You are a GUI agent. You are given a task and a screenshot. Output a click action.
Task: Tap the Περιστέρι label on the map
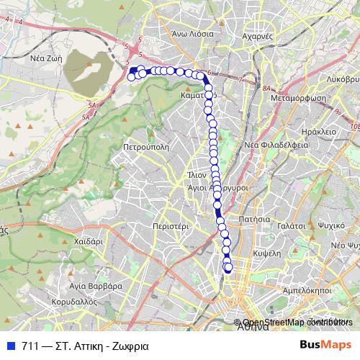pyautogui.click(x=171, y=225)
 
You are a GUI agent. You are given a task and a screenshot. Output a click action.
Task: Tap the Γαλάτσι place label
pyautogui.click(x=290, y=225)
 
